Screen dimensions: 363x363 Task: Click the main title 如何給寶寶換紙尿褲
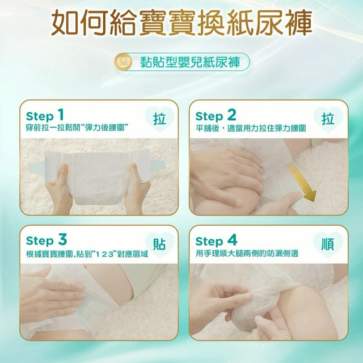coord(181,23)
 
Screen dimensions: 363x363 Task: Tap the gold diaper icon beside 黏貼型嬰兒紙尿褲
coord(124,62)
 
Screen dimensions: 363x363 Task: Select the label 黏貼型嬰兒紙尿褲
coord(191,62)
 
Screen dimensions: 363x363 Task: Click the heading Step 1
coord(45,116)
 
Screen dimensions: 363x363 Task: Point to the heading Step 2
coord(216,116)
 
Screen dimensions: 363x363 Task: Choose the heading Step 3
coord(47,240)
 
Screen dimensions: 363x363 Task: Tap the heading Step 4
coord(216,240)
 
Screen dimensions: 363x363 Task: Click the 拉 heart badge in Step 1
coord(159,119)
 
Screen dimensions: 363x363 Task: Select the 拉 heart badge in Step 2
coord(328,119)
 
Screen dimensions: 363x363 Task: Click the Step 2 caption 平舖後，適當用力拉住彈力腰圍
coord(251,128)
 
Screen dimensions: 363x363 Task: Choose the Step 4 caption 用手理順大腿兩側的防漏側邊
coord(247,254)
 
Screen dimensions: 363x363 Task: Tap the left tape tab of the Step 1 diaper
coord(36,167)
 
